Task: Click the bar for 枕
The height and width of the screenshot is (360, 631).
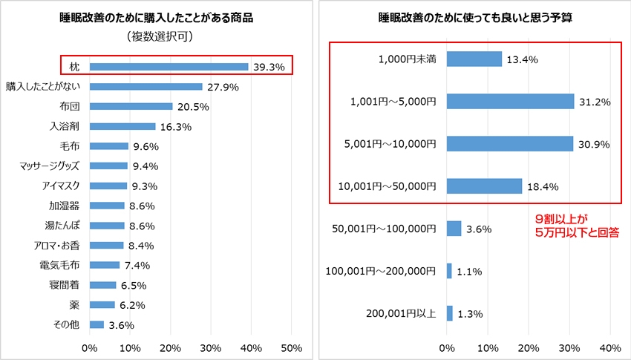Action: pos(169,67)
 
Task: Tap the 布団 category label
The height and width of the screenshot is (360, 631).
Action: pos(69,107)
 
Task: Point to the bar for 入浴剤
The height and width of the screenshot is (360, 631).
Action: pos(122,126)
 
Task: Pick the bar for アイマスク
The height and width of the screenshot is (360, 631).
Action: pos(108,186)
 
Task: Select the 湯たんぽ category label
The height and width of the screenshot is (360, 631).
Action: pos(62,226)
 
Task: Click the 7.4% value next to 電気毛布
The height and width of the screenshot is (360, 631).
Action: pos(138,265)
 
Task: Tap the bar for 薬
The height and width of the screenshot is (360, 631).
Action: pos(102,304)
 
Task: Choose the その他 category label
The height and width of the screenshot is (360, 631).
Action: pos(65,324)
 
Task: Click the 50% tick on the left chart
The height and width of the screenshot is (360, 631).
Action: pos(291,347)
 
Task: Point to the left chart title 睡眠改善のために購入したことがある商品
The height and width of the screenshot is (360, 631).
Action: pos(156,18)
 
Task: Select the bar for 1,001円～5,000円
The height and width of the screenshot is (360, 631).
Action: pos(510,101)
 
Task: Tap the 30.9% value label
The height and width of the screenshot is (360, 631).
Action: pos(594,144)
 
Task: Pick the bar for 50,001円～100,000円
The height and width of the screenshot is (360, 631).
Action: pos(454,229)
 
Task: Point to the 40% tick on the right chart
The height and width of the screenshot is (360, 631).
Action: pos(609,347)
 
